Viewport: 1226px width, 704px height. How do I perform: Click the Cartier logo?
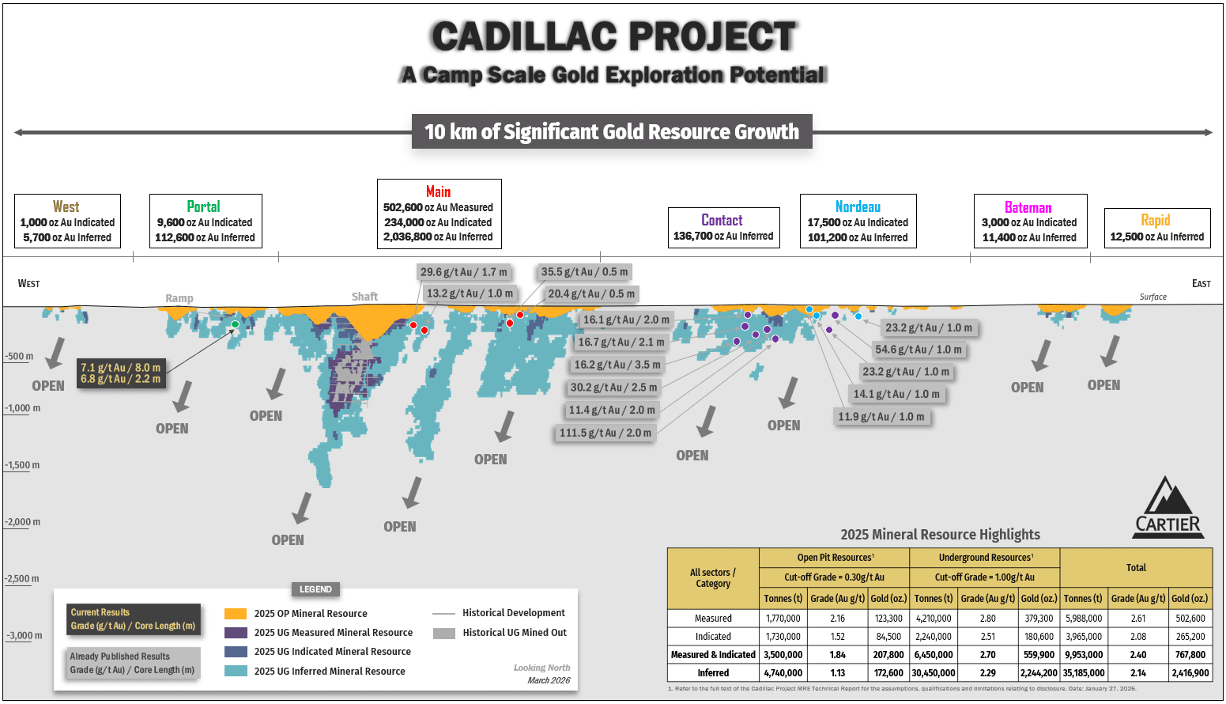(1168, 509)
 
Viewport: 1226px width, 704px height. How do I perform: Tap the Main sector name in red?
(438, 191)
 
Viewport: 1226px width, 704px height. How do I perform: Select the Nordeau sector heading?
(858, 206)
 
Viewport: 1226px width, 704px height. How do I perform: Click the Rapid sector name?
(1155, 220)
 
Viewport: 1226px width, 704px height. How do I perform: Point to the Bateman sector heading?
(1028, 207)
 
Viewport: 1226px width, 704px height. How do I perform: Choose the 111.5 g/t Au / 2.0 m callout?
(605, 433)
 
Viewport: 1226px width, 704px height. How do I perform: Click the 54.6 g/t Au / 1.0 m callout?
(919, 350)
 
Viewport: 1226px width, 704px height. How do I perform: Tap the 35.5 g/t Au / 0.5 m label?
(584, 272)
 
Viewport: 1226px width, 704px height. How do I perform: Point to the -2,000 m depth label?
(23, 522)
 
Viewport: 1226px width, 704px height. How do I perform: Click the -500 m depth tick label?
(20, 357)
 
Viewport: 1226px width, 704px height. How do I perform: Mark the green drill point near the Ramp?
(235, 324)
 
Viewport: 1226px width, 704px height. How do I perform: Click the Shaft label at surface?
(364, 297)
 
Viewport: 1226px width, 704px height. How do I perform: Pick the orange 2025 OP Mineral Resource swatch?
(236, 614)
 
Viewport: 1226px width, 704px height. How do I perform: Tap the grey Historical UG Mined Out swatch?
(444, 633)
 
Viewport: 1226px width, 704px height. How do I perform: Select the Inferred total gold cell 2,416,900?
(1190, 673)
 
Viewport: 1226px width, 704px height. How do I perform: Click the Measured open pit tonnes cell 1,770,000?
(783, 619)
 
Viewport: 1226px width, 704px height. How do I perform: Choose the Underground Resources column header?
(984, 558)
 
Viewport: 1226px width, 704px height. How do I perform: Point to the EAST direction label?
(1201, 283)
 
